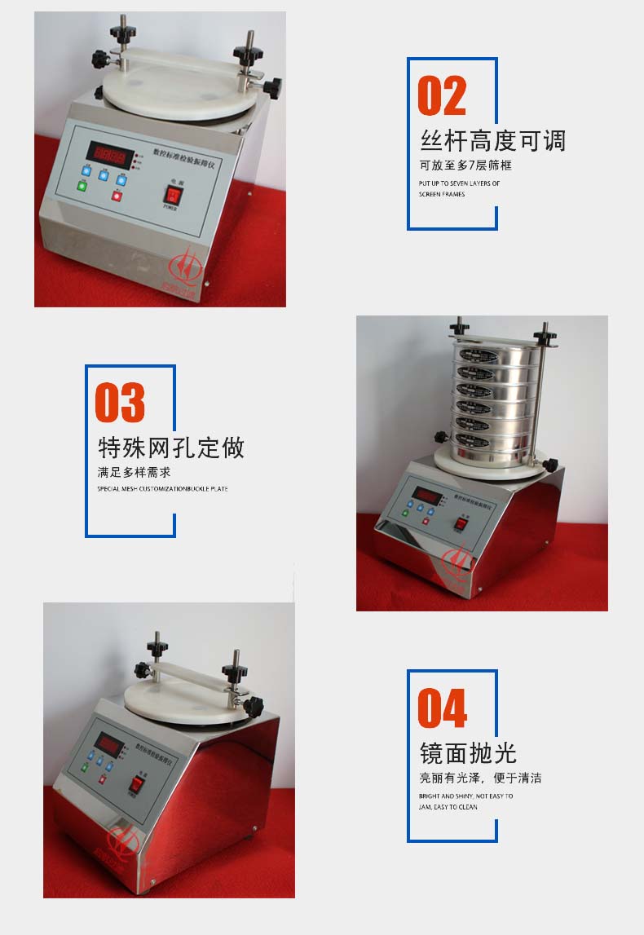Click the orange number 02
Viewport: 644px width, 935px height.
tap(442, 96)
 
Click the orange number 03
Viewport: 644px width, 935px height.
tap(120, 403)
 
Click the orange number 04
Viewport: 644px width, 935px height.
tap(442, 708)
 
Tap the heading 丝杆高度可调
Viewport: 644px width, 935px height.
tap(492, 141)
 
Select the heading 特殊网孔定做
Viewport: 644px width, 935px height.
tap(170, 448)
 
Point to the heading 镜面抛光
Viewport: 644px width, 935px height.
tap(468, 752)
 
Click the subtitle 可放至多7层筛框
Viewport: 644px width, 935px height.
tap(465, 165)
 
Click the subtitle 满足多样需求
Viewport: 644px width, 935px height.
tap(135, 472)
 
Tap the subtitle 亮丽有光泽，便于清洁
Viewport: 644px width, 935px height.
tap(480, 778)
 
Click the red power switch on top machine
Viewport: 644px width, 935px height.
tap(171, 194)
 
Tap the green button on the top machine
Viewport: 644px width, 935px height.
tap(82, 186)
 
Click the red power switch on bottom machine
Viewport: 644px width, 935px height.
tap(138, 786)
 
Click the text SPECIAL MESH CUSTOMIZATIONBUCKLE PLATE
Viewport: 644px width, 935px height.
tap(162, 489)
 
